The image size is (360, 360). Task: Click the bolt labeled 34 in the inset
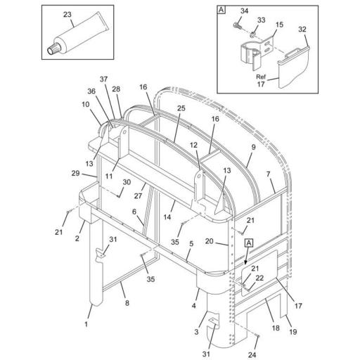(x=236, y=26)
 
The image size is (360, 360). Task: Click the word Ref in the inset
(x=260, y=77)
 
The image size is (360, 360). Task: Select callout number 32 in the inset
(x=303, y=30)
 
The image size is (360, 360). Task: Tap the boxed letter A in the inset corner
(x=221, y=10)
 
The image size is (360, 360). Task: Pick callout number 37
(x=103, y=79)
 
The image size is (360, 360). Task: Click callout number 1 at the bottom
(x=87, y=326)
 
